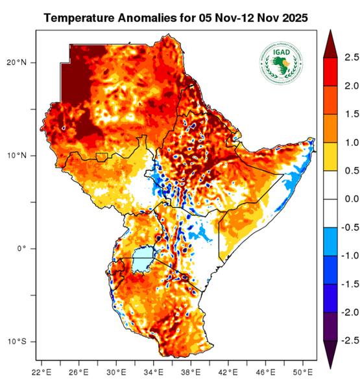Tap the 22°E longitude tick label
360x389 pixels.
(x=42, y=372)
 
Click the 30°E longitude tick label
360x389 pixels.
(x=116, y=372)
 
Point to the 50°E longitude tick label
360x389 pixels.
(x=303, y=372)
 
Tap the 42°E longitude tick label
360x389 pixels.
(x=228, y=372)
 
